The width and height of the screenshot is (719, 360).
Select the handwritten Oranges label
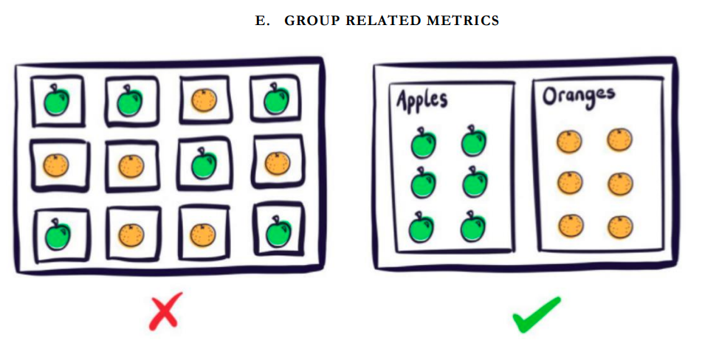tap(578, 97)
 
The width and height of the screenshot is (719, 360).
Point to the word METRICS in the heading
tap(462, 21)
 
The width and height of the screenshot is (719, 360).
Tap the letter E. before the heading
tap(261, 21)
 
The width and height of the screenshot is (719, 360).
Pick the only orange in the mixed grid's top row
tap(204, 100)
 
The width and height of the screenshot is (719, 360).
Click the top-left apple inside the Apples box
tap(423, 142)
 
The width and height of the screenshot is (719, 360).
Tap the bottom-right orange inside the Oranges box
tap(619, 225)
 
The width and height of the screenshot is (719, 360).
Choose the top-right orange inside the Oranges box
tap(619, 138)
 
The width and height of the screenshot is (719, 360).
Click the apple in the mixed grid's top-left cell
tap(55, 100)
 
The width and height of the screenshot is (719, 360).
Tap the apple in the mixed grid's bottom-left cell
tap(55, 235)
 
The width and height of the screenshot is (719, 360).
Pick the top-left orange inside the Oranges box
tap(568, 140)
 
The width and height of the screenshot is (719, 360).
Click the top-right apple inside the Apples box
tap(472, 142)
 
